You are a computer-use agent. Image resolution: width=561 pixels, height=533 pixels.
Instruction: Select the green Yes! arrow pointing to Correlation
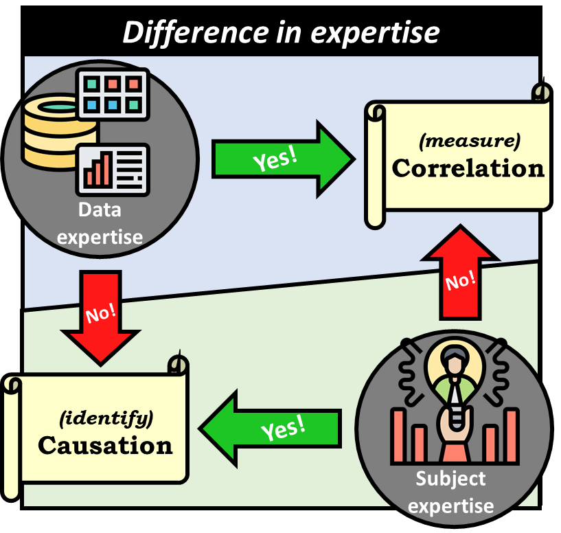pyautogui.click(x=282, y=159)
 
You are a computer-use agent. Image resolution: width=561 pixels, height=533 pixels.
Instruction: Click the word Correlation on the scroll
pyautogui.click(x=468, y=168)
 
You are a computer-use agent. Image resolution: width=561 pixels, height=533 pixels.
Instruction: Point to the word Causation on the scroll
pyautogui.click(x=104, y=445)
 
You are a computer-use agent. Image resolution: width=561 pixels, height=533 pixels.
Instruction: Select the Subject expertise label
pyautogui.click(x=451, y=492)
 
